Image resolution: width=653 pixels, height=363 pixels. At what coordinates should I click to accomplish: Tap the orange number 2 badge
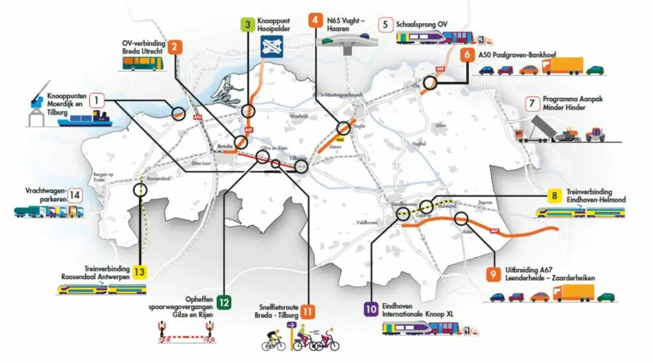174,46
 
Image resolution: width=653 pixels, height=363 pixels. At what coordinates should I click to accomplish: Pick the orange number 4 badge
314,20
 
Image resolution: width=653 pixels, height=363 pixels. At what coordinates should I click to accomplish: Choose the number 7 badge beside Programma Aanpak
530,103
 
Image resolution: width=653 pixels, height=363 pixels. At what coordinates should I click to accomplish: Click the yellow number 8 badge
555,196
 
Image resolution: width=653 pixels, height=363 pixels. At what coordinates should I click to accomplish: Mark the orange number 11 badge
308,312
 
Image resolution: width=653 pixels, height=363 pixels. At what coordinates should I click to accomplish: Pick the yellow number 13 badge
140,273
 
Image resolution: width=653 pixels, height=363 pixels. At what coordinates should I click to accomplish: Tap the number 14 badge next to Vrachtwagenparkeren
75,195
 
